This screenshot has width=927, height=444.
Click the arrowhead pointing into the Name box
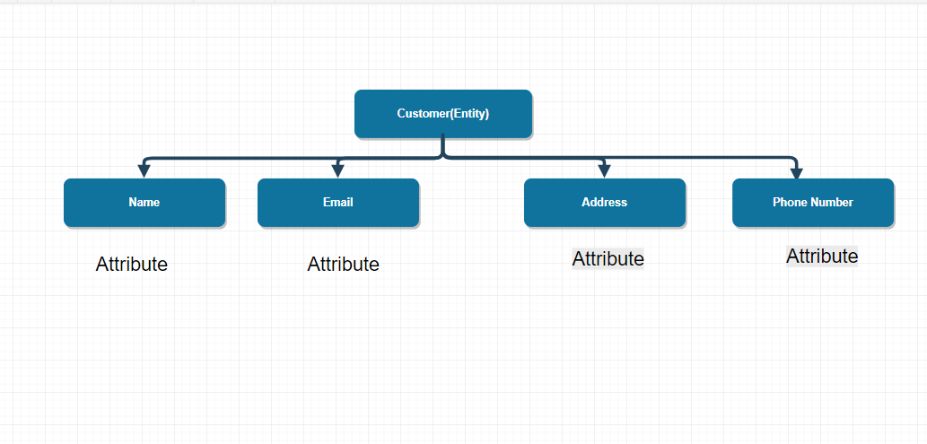[x=144, y=170]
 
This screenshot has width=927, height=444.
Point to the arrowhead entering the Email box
[x=337, y=170]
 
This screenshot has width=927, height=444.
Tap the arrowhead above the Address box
[x=604, y=170]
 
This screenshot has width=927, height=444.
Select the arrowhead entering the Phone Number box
[x=795, y=172]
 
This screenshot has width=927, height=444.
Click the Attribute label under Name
[x=132, y=264]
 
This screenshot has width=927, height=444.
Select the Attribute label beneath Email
[x=343, y=264]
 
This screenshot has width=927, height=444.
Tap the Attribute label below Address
[x=608, y=258]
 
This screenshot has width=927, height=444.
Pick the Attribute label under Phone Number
[x=822, y=256]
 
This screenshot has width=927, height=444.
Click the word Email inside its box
[x=337, y=202]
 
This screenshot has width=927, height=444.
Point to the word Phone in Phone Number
[x=790, y=202]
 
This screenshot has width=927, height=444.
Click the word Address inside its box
[x=604, y=202]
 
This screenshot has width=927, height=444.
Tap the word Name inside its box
[x=144, y=202]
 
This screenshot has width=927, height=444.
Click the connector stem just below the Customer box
[x=443, y=147]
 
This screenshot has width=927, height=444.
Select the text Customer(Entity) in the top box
[x=442, y=114]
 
